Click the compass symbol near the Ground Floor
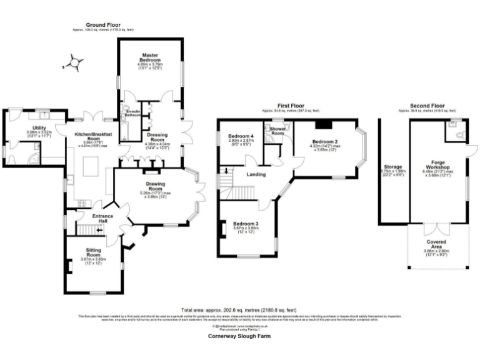point(74,62)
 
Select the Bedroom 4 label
point(241,136)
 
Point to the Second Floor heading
point(427,106)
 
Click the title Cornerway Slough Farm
point(239,335)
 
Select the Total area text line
point(239,310)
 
